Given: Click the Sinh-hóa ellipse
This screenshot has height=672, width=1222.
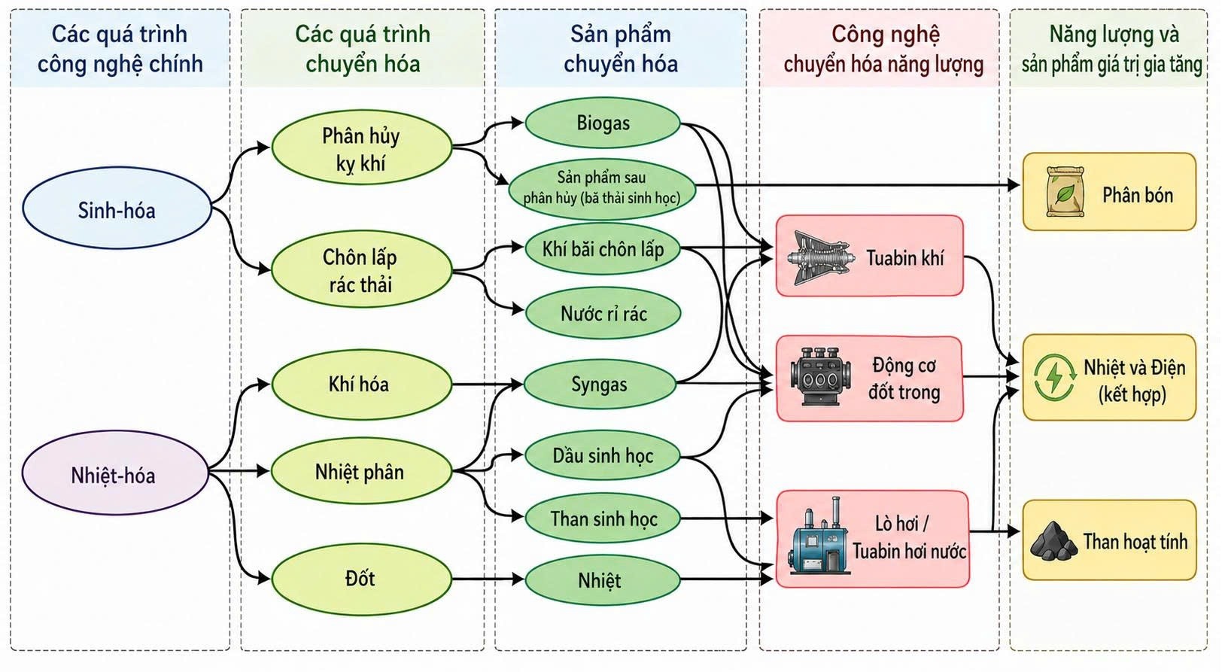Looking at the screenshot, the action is (117, 208).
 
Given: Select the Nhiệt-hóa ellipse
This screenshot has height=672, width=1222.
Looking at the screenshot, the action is (115, 473).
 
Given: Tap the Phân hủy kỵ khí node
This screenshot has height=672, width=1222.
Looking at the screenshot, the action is (362, 147).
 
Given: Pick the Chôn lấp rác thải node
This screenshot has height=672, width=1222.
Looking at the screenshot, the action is (362, 269).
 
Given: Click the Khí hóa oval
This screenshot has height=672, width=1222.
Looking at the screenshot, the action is (362, 385).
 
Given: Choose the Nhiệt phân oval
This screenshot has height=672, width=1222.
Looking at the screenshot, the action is (362, 471).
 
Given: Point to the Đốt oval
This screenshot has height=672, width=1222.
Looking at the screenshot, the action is (362, 579).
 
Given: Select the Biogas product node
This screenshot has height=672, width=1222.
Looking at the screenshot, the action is (603, 123).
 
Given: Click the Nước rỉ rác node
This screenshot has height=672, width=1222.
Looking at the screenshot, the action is (603, 314).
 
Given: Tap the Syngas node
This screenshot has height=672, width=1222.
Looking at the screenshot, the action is (600, 384).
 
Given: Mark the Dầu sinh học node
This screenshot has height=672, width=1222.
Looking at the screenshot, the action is (603, 455).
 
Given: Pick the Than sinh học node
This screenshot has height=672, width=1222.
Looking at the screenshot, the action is (603, 518).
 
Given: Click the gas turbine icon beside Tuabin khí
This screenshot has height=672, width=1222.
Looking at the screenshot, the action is (820, 257).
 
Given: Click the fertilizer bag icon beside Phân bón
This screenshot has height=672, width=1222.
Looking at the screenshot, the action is (1065, 192).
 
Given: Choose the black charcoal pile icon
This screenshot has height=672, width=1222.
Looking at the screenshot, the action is (1054, 541).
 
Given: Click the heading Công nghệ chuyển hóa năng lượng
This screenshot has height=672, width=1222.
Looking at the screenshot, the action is (883, 49).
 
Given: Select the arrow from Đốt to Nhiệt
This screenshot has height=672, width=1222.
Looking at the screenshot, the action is (488, 579).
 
